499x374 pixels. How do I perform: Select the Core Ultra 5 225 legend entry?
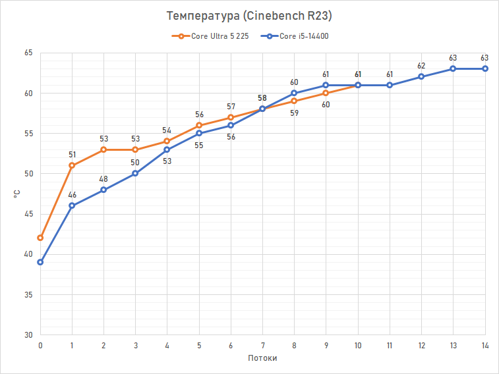point(214,36)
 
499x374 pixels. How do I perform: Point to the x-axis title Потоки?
point(262,358)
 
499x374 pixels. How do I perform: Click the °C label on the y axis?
point(15,194)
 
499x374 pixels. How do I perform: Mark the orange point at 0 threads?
point(40,238)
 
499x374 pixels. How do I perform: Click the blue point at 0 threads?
point(40,262)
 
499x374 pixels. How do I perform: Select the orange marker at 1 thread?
point(72,165)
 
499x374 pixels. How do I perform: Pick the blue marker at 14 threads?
point(484,68)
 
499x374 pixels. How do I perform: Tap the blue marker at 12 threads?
point(421,76)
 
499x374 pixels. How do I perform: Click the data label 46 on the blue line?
point(72,195)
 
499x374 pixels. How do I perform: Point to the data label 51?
point(72,155)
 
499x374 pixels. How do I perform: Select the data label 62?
point(421,66)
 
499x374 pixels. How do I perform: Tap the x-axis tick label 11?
point(390,345)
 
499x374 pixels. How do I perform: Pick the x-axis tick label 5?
point(199,345)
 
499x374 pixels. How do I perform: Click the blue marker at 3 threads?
point(135,173)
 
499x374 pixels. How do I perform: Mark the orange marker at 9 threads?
point(326,93)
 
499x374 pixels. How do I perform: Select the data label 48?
point(103,179)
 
